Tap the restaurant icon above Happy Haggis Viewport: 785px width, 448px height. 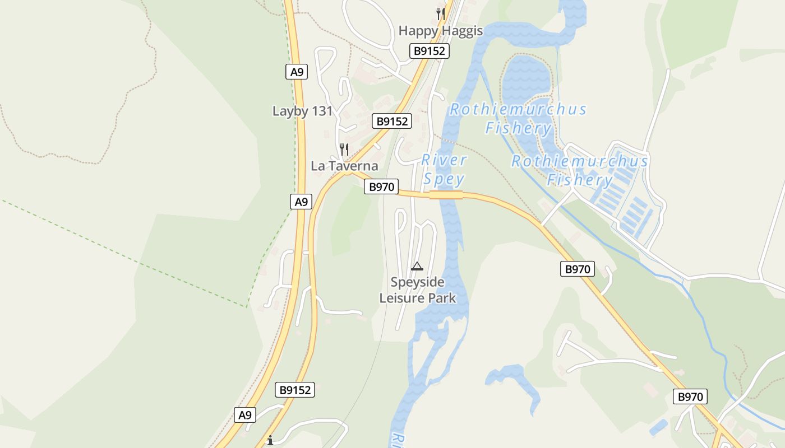441,13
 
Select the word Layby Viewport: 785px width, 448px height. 290,111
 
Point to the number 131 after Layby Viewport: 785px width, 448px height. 322,111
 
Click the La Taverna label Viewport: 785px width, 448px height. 344,166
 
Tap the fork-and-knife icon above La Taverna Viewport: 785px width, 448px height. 344,150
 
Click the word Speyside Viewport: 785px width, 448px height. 417,282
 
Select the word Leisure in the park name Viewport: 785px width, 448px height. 400,297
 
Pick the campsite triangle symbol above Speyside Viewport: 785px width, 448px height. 417,266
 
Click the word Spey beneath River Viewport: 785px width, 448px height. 444,179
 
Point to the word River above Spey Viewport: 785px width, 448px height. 444,160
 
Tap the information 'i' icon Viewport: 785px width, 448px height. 270,440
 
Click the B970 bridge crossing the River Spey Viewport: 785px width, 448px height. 446,195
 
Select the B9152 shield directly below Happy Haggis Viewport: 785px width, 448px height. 429,51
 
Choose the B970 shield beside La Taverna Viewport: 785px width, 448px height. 381,186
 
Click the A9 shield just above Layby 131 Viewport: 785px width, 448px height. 297,72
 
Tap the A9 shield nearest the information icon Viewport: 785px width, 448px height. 244,415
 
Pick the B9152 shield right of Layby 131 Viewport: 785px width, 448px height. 391,121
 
